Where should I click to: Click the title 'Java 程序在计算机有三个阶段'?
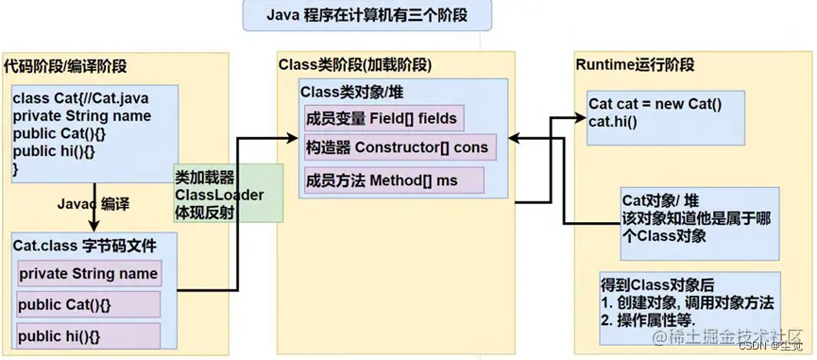407,16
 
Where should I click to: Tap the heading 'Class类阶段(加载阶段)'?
355,65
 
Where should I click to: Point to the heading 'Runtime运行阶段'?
635,65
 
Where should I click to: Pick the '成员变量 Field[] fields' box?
382,118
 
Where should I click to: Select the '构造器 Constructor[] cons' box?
397,147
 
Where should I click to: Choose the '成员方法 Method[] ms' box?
393,180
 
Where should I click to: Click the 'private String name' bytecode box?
88,273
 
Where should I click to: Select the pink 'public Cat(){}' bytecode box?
88,304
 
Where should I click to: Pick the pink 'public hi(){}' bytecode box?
88,335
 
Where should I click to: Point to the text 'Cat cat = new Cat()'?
655,104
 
